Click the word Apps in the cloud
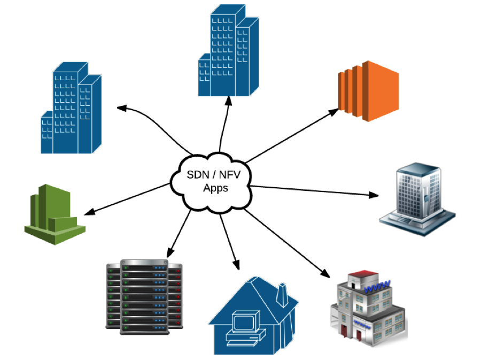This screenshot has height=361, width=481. point(215,188)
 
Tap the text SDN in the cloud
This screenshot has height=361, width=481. point(196,175)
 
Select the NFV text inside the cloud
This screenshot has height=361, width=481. point(229,175)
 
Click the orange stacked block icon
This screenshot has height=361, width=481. point(369,90)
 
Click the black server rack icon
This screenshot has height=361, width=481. point(144,297)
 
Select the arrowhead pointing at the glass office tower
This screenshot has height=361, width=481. point(374,195)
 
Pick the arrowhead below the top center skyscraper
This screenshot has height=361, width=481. point(228,100)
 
